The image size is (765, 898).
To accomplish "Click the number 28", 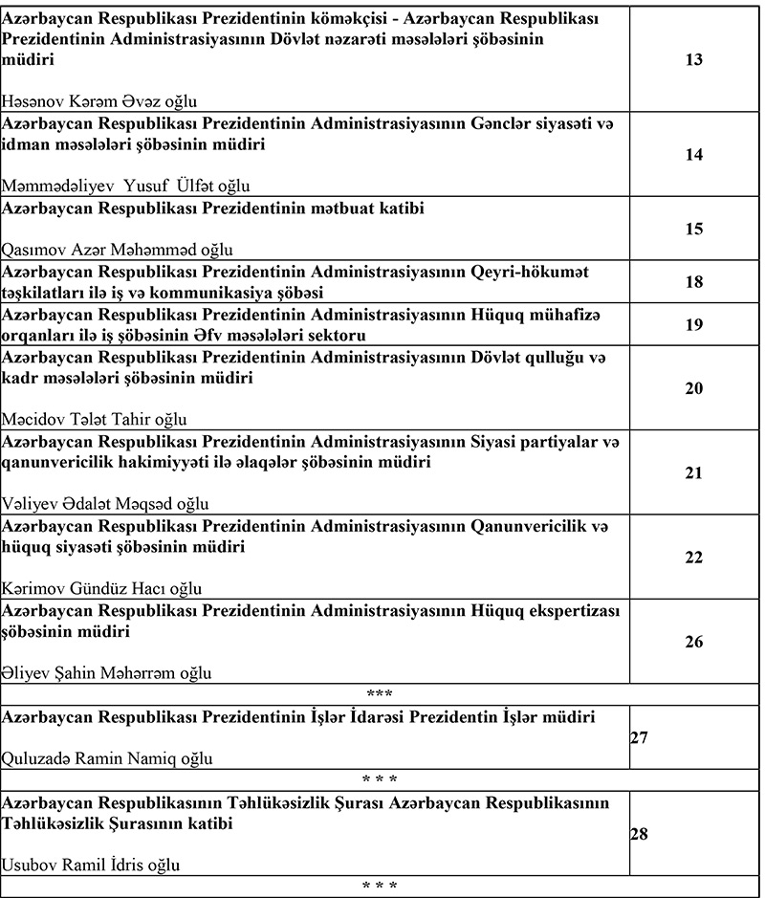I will pyautogui.click(x=641, y=833).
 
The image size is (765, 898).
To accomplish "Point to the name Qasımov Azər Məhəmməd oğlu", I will pyautogui.click(x=111, y=250).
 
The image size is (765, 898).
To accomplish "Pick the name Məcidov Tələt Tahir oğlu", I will pyautogui.click(x=95, y=419).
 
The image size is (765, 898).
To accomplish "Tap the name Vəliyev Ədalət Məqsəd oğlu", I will pyautogui.click(x=105, y=504).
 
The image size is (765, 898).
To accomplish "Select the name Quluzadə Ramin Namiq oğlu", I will pyautogui.click(x=108, y=758).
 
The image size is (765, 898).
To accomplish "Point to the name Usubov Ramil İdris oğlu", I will pyautogui.click(x=91, y=865).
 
